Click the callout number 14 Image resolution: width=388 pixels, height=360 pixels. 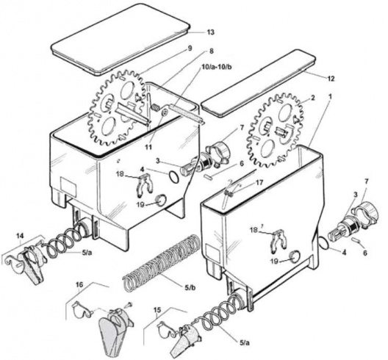click(x=18, y=237)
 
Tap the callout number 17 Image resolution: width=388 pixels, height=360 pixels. click(x=259, y=183)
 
